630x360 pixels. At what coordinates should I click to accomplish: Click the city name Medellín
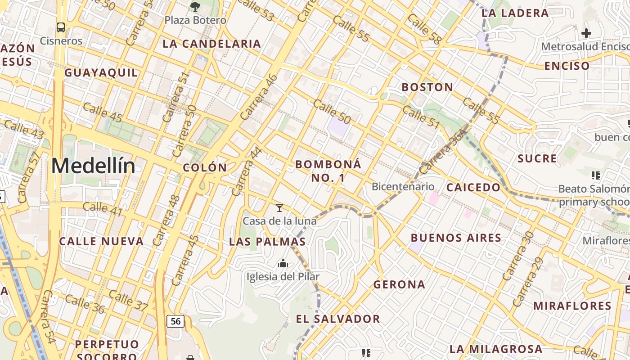(x=93, y=166)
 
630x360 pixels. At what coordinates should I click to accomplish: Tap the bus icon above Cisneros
(x=61, y=27)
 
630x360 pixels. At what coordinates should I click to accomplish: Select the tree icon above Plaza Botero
(x=195, y=6)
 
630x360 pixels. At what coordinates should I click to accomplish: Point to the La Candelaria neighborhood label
(x=211, y=44)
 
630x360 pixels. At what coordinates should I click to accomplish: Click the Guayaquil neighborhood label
(x=101, y=72)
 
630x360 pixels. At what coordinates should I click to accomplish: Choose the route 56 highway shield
(x=175, y=321)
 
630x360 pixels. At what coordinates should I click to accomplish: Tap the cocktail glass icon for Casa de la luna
(x=279, y=208)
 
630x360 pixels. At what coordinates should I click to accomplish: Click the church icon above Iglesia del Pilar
(x=283, y=263)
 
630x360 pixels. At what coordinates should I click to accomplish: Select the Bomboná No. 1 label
(x=328, y=171)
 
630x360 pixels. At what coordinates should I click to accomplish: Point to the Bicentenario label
(x=403, y=186)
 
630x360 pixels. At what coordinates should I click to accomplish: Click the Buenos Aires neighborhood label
(x=456, y=238)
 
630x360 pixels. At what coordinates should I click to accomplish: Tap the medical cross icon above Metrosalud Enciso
(x=586, y=33)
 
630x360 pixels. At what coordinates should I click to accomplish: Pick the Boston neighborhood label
(x=427, y=87)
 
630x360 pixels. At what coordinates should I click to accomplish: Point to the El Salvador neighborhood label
(x=337, y=319)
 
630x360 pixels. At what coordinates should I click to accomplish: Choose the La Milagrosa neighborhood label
(x=496, y=349)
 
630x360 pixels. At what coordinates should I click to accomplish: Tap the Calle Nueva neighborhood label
(x=101, y=241)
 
